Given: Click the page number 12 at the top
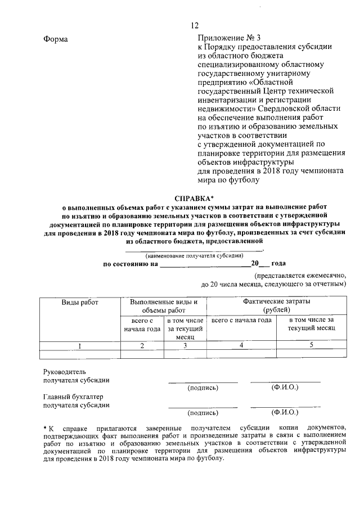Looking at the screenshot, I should click(x=195, y=25).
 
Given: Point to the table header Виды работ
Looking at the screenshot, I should click(x=80, y=302).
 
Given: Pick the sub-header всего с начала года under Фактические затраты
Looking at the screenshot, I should click(x=241, y=320).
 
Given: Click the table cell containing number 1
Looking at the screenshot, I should click(x=80, y=345).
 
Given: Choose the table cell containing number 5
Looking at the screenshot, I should click(x=310, y=345).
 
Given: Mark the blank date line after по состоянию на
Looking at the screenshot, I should click(x=205, y=263).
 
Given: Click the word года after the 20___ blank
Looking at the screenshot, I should click(x=278, y=263).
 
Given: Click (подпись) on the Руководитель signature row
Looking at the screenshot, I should click(x=202, y=388).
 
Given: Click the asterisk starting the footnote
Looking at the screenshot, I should click(x=45, y=429).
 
